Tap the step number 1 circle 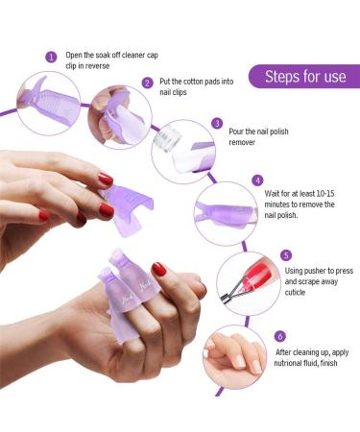coord(51,57)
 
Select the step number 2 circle coord(147,83)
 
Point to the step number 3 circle coord(218,124)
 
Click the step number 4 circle coord(257,180)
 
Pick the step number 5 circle coord(286,255)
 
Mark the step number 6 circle coord(279,336)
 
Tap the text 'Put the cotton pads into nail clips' coord(195,88)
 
